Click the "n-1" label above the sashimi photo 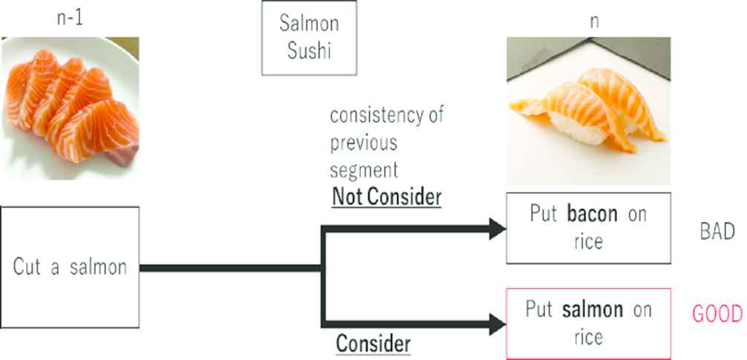pos(70,18)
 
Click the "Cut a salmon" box pos(70,267)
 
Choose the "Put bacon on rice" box pos(588,228)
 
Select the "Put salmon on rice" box pos(588,322)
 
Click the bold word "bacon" pos(592,215)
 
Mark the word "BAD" pos(717,232)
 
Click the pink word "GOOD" pos(717,314)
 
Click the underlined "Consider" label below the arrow pos(373,344)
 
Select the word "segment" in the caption pos(364,169)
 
